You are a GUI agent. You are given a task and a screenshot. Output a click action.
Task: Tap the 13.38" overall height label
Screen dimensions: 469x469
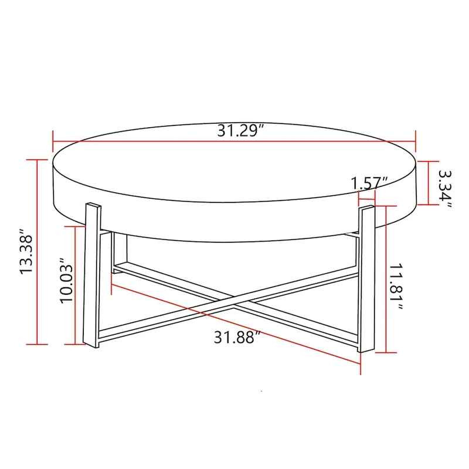click(x=28, y=252)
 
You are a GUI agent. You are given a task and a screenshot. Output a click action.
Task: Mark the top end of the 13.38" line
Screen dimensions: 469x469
click(x=38, y=159)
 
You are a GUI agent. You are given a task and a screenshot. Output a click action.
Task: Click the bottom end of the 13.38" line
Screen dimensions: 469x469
click(x=38, y=344)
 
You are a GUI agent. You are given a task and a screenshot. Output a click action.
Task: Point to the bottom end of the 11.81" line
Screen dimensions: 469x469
click(x=385, y=352)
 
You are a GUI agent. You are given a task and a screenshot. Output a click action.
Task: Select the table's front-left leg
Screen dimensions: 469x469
click(x=93, y=276)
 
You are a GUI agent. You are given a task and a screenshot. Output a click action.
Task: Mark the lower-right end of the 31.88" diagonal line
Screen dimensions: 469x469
click(x=359, y=362)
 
